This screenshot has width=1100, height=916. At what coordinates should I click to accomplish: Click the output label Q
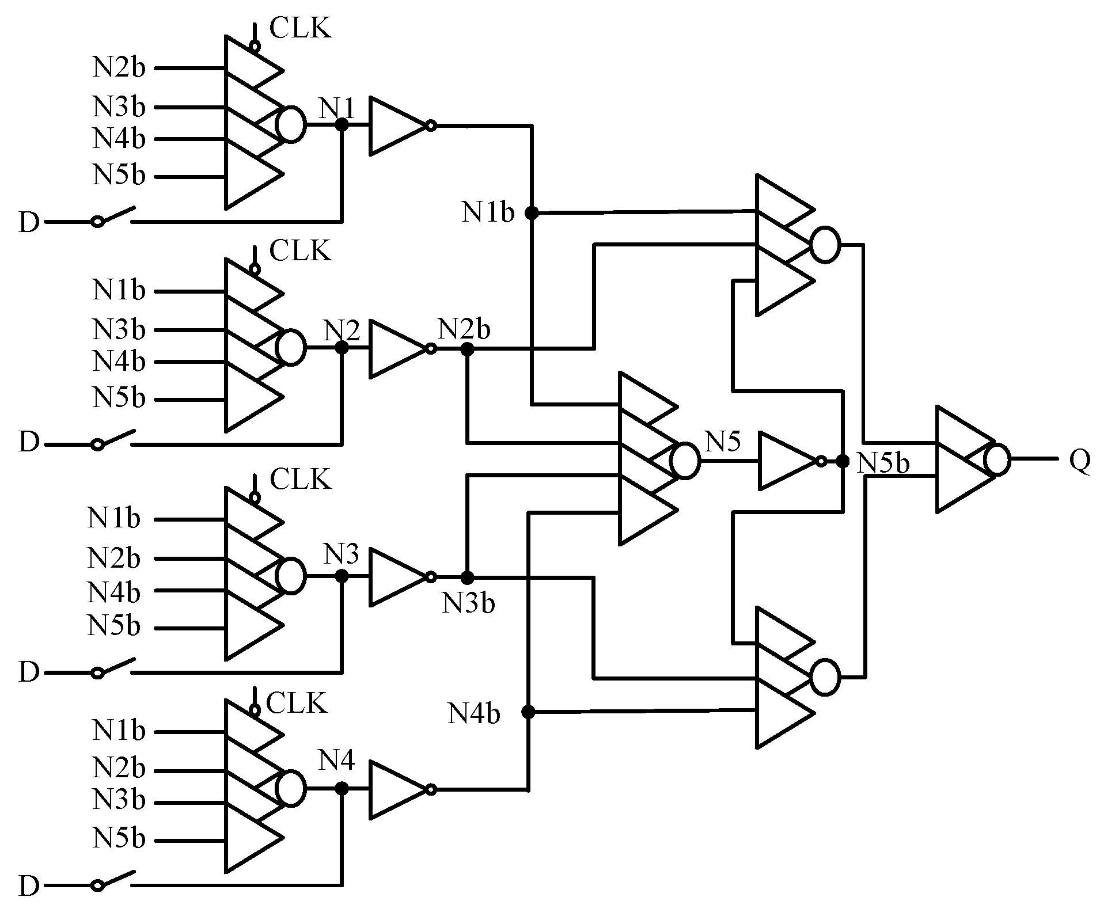(1080, 460)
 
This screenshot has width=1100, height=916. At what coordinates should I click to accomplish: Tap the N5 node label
(723, 442)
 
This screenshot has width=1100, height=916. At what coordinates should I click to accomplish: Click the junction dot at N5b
(843, 461)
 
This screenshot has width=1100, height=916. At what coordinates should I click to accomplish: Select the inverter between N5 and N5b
(788, 461)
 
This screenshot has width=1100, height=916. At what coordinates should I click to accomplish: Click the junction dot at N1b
(531, 213)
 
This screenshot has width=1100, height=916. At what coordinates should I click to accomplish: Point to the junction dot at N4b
(528, 712)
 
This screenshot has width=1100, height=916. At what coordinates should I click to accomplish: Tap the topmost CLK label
(301, 28)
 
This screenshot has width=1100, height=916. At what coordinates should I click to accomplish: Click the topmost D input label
(29, 222)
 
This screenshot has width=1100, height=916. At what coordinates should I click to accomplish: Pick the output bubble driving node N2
(291, 348)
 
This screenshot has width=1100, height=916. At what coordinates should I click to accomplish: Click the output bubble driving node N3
(291, 576)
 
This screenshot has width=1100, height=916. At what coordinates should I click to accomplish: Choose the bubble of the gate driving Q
(997, 460)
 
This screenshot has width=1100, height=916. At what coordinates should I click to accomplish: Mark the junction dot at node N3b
(467, 577)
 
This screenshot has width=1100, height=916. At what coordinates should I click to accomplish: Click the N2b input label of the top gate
(119, 68)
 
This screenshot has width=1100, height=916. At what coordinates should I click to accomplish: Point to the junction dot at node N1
(342, 124)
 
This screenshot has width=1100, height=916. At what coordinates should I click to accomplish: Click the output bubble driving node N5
(685, 461)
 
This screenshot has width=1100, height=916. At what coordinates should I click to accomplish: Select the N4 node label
(337, 761)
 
